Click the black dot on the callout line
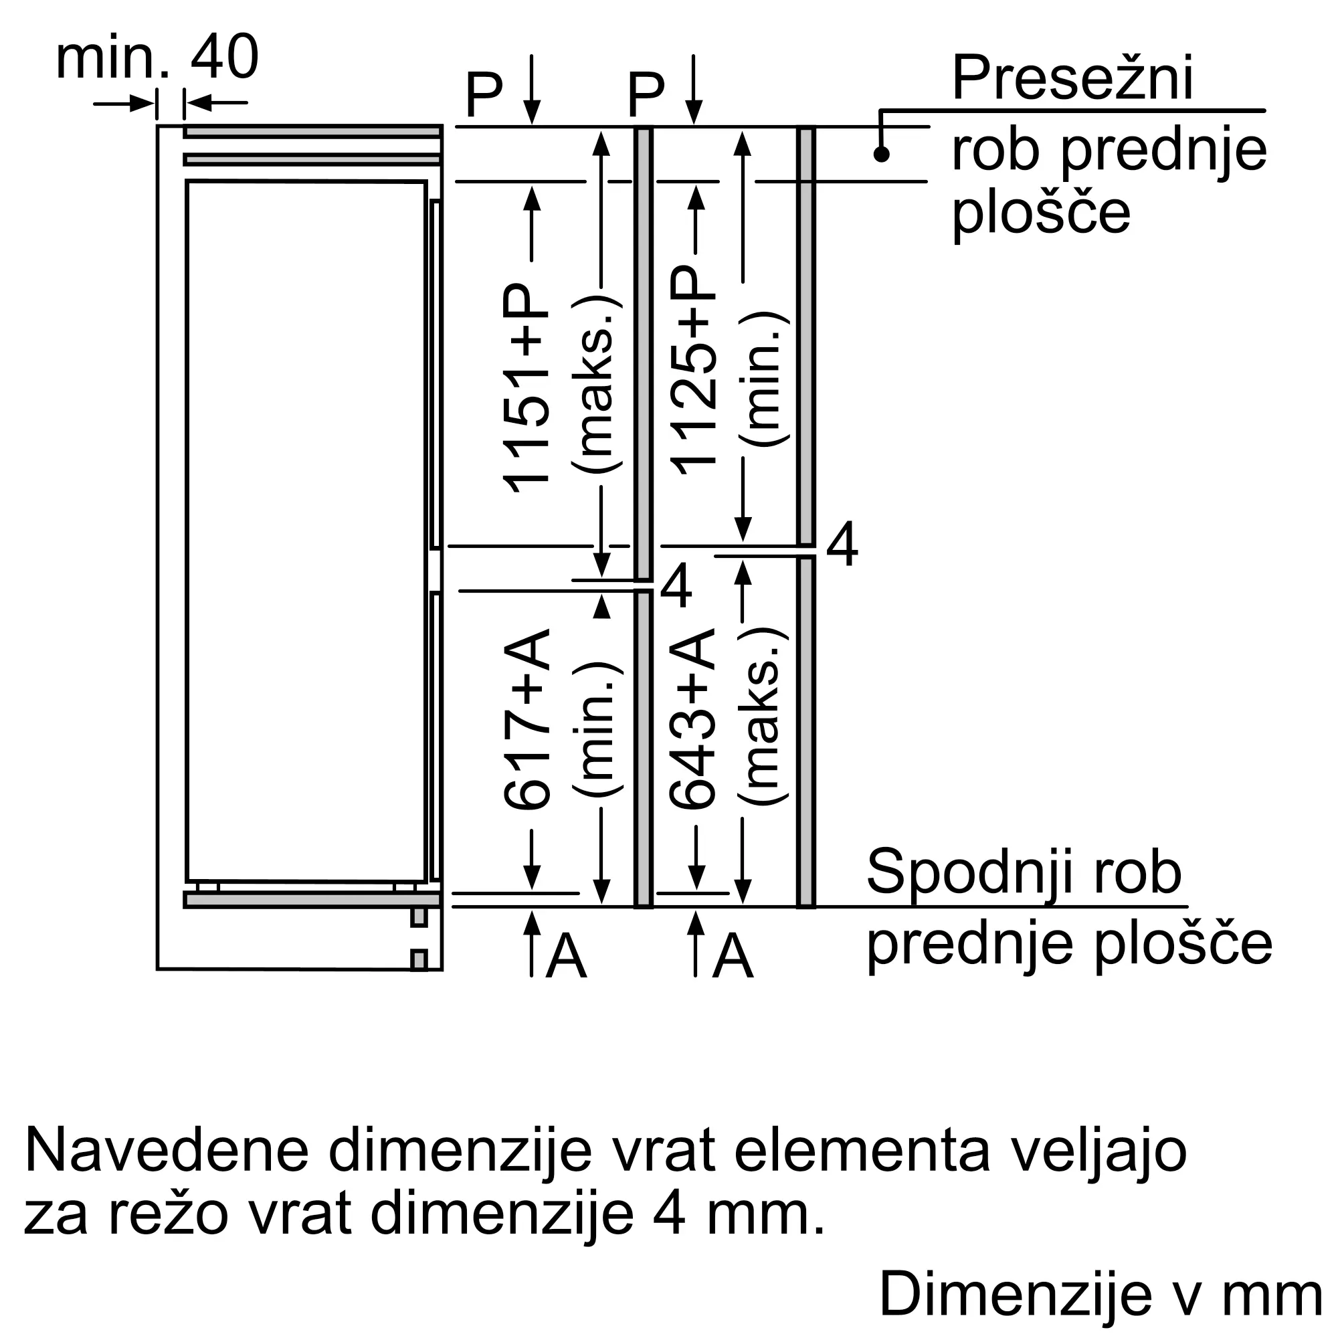click(x=881, y=154)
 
